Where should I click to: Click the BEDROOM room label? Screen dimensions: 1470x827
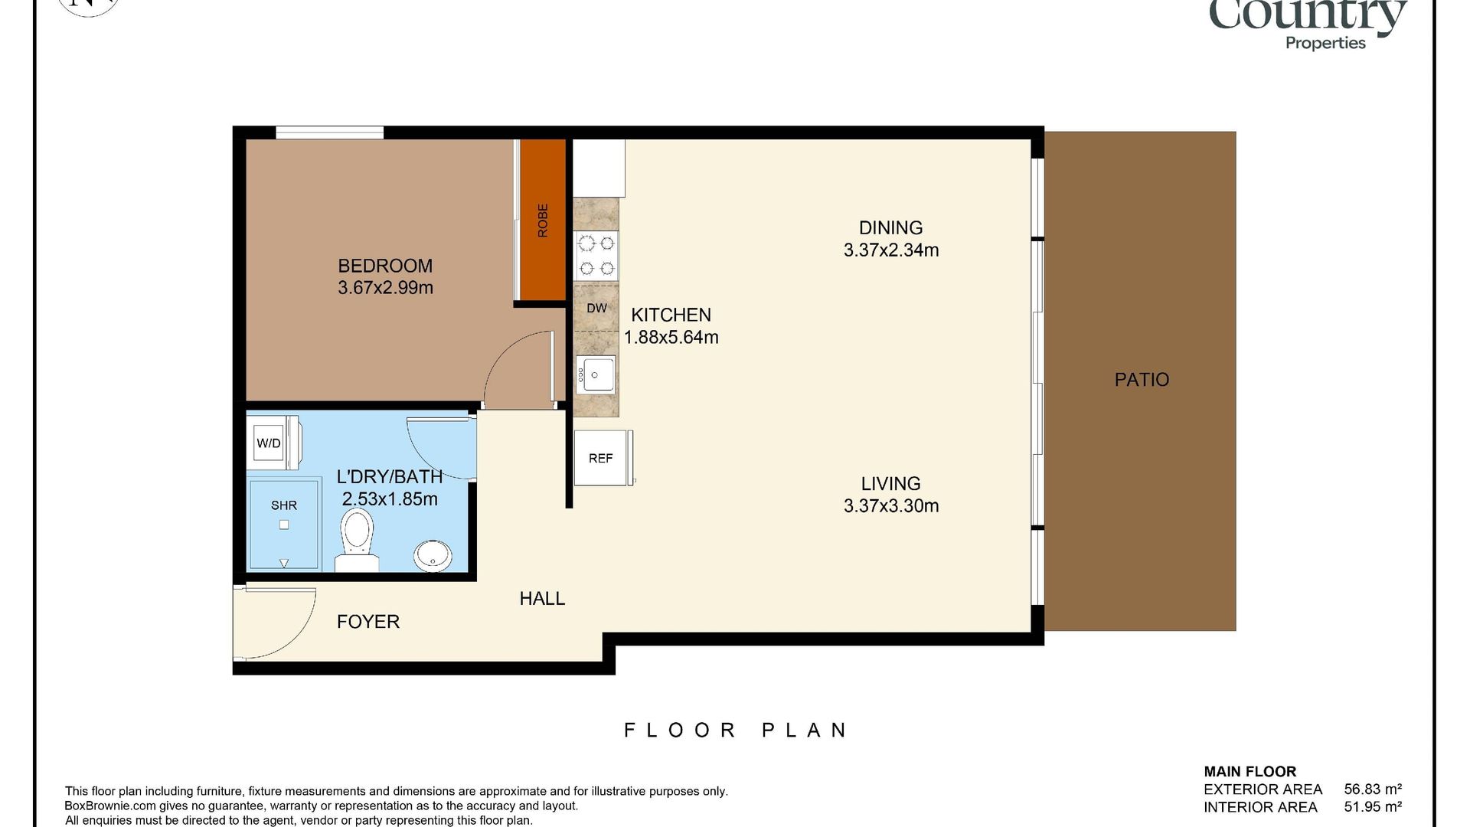(385, 266)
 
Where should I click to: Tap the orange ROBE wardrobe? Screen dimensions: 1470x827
(543, 220)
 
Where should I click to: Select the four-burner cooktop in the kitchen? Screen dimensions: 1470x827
(596, 256)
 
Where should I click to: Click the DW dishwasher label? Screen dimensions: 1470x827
(596, 308)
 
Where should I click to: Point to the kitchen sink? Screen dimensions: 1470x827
(596, 374)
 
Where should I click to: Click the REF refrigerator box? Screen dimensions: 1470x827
(603, 458)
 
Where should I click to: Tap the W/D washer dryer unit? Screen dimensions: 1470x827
(269, 443)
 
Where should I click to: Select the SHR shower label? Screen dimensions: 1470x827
(284, 505)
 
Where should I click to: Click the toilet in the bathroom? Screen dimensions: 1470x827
(358, 541)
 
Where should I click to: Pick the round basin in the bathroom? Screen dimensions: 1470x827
(433, 555)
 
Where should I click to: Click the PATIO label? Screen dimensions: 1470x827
(1142, 380)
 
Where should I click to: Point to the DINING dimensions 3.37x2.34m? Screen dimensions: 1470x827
(891, 250)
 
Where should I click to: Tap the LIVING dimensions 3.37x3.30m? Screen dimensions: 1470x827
(891, 505)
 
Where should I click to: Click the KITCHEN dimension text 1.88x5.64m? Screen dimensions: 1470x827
(671, 337)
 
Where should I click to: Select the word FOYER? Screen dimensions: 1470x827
(368, 622)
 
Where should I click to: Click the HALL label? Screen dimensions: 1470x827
(542, 599)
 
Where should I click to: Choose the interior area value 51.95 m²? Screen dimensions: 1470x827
(1373, 807)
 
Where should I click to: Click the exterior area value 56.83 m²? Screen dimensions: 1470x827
(1373, 789)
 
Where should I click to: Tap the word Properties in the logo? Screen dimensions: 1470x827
(1325, 43)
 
